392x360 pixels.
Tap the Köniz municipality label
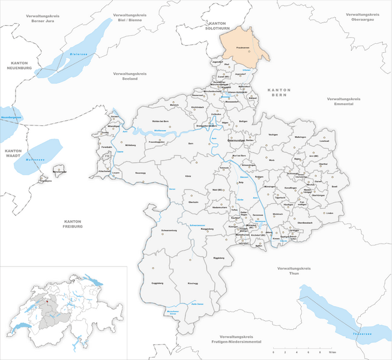pos(188,176)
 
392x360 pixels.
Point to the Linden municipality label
pos(329,212)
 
